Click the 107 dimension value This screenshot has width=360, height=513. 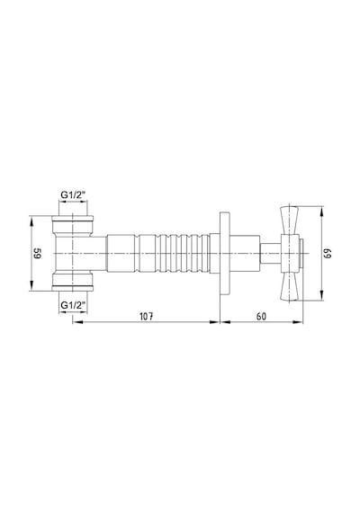tap(147, 317)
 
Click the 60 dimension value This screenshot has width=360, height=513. tap(261, 317)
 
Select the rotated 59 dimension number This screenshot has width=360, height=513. tap(37, 253)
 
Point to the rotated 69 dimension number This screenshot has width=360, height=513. tap(328, 253)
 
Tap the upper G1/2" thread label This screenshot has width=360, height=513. tap(73, 195)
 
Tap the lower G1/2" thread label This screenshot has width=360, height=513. tap(73, 305)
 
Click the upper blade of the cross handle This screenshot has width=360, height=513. tap(290, 220)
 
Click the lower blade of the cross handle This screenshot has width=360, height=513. tap(290, 286)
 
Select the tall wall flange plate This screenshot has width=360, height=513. tap(224, 253)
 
